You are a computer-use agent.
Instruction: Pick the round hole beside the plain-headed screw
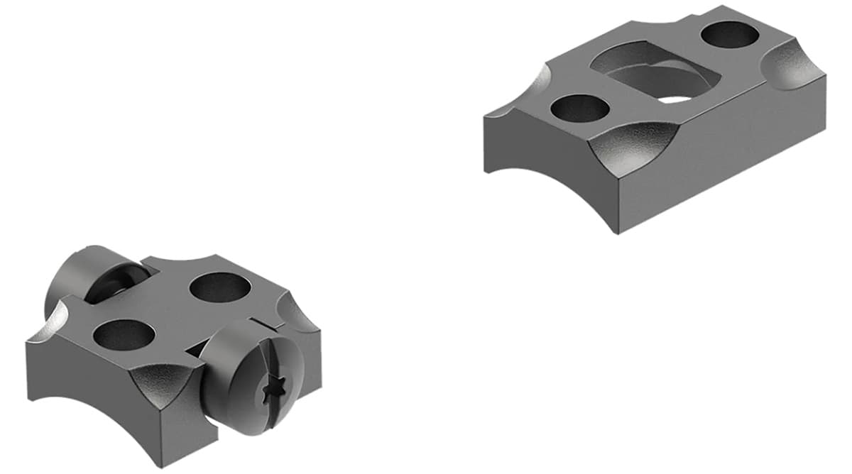coord(219,287)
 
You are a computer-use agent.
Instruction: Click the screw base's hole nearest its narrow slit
coord(124,334)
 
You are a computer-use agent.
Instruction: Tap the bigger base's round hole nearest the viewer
coord(580,108)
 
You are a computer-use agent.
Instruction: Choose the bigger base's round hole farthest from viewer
coord(731,34)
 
